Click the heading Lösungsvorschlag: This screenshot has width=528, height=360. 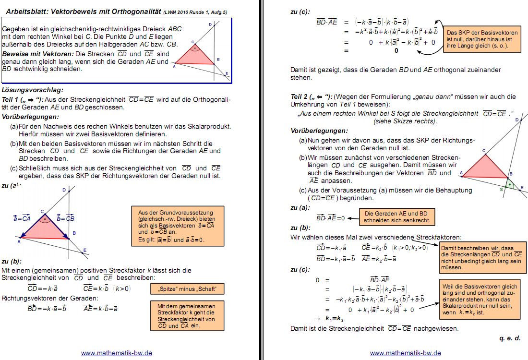(x=33, y=90)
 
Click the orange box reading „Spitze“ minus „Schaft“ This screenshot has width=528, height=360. (x=187, y=288)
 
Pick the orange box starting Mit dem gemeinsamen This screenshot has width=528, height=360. (x=187, y=315)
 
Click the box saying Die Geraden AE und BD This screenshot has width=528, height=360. (x=396, y=217)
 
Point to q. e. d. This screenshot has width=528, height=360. (x=509, y=338)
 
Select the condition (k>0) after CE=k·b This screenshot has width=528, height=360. (x=121, y=288)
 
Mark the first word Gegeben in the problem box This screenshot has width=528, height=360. (x=16, y=29)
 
